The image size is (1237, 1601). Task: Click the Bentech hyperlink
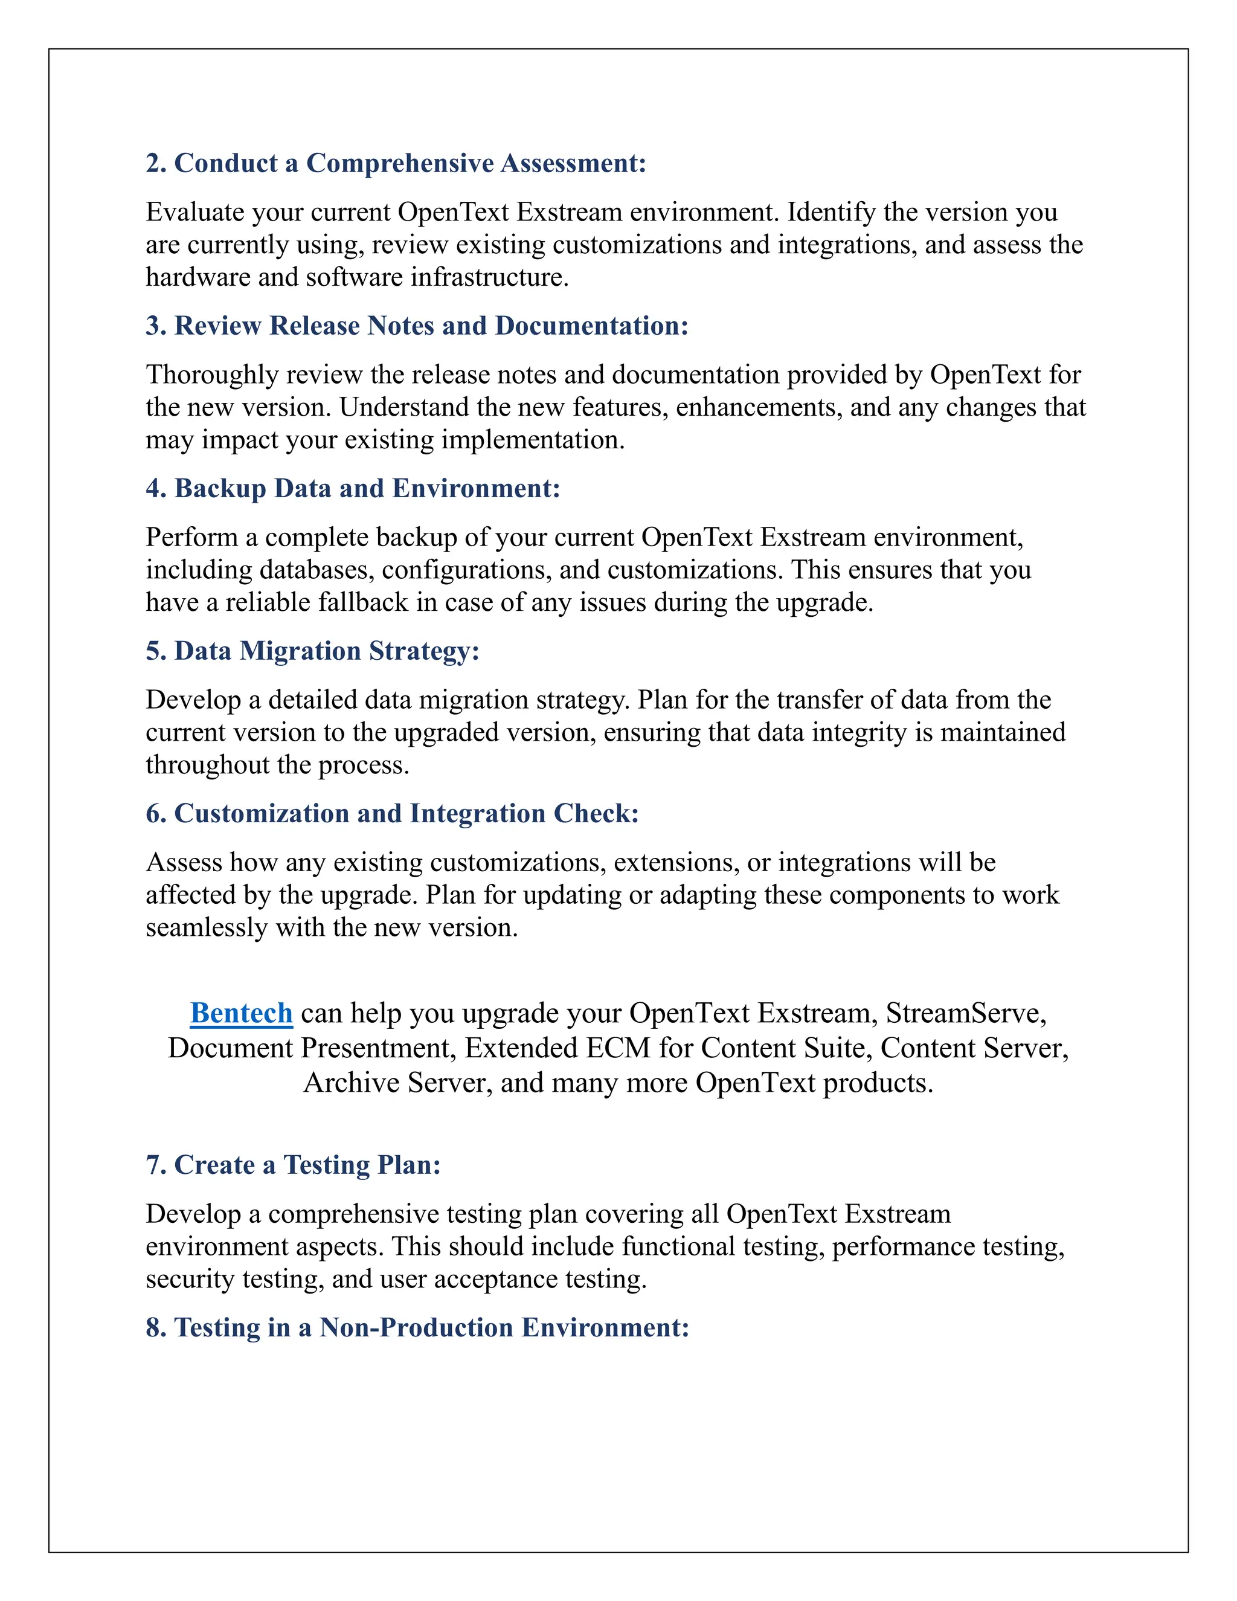241,1013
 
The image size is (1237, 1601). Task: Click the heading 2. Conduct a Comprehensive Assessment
396,163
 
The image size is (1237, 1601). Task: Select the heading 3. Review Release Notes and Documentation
417,326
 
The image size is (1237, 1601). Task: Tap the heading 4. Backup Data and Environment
353,488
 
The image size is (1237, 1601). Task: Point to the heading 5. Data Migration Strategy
312,651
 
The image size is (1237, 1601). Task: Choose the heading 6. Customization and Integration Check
392,814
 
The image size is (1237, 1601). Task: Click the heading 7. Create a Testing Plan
293,1165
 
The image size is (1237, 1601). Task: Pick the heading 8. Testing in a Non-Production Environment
417,1327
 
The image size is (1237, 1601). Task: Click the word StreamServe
965,1013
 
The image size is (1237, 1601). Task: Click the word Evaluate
194,212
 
